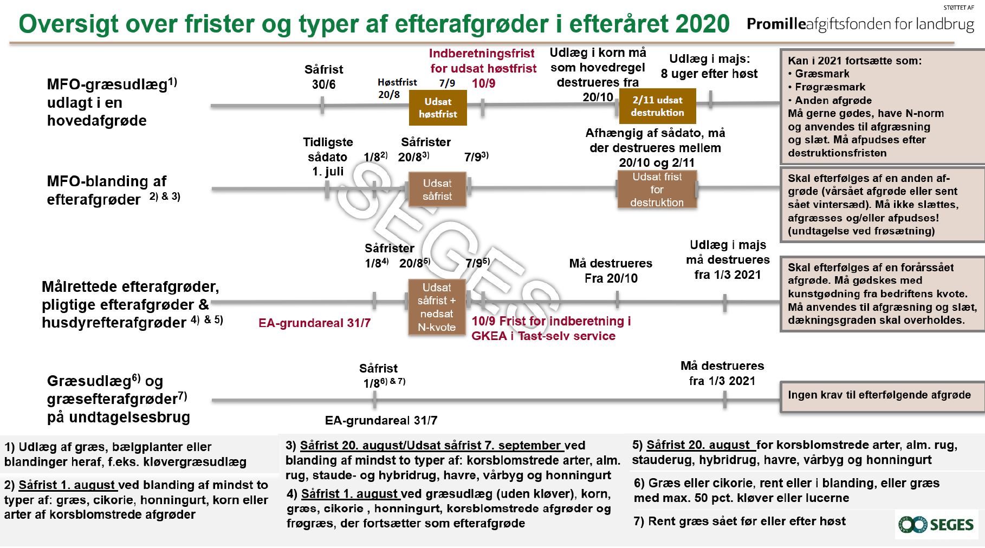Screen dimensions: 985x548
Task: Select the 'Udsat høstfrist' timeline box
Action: coord(437,108)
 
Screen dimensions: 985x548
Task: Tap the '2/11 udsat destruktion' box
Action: coord(657,106)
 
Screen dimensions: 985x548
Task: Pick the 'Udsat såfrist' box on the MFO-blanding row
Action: coord(437,190)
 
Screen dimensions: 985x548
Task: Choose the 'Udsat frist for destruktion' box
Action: coord(657,190)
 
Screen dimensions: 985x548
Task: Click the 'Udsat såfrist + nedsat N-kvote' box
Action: coord(437,307)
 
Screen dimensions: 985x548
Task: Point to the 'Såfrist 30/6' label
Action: coord(323,77)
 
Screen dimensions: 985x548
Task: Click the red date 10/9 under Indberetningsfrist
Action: coord(483,83)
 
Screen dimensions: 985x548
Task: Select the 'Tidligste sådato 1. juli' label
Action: coord(328,157)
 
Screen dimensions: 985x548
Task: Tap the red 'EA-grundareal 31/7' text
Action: coord(314,323)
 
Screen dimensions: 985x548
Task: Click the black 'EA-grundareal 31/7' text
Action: coord(381,421)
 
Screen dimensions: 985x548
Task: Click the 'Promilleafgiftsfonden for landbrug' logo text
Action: coord(860,24)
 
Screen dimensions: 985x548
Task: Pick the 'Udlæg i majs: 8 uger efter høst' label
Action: coord(709,66)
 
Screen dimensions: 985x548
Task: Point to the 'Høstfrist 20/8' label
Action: coord(397,88)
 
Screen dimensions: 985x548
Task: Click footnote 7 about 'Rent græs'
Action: coord(739,521)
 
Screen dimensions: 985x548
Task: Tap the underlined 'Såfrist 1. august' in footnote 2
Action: coord(67,485)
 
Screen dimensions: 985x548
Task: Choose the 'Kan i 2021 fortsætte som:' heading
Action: coord(854,61)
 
